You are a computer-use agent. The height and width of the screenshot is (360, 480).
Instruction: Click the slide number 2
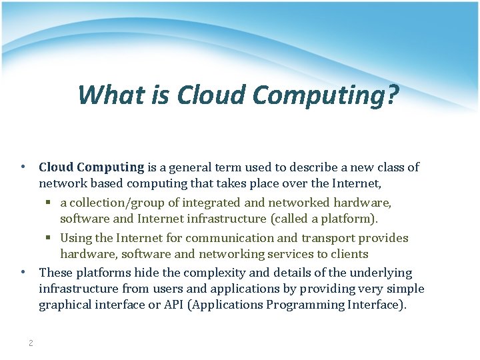[31, 343]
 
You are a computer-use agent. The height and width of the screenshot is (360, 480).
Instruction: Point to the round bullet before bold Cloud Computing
[23, 167]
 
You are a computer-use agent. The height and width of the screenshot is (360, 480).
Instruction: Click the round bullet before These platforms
[23, 272]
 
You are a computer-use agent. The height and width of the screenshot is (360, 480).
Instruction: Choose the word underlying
[381, 273]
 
